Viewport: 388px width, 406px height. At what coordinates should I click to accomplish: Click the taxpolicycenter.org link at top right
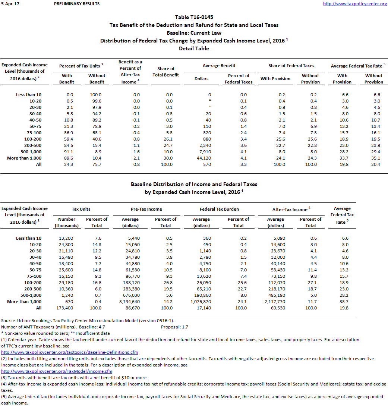(x=354, y=4)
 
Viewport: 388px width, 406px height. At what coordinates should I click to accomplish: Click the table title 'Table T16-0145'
(x=194, y=17)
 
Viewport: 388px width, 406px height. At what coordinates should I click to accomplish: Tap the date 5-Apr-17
(x=9, y=4)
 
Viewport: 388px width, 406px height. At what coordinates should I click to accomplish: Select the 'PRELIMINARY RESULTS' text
(x=76, y=4)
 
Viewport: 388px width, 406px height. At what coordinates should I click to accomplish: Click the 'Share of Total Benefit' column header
(x=166, y=72)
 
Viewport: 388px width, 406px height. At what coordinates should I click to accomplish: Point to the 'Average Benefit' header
(x=219, y=66)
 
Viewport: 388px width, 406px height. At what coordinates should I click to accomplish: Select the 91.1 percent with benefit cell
(x=67, y=152)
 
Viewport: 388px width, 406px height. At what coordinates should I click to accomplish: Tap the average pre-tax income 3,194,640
(x=130, y=302)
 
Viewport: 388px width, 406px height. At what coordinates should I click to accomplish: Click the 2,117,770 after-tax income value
(x=275, y=302)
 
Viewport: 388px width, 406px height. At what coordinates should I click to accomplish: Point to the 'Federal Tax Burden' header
(x=219, y=209)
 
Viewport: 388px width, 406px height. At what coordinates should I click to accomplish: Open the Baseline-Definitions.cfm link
(x=70, y=352)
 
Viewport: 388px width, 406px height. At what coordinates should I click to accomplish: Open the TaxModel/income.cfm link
(x=57, y=371)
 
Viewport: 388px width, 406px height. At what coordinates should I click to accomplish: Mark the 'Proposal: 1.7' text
(x=174, y=327)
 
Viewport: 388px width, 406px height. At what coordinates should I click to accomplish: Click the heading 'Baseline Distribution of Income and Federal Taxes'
(x=194, y=184)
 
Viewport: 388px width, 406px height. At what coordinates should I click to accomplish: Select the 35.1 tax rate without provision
(x=373, y=158)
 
